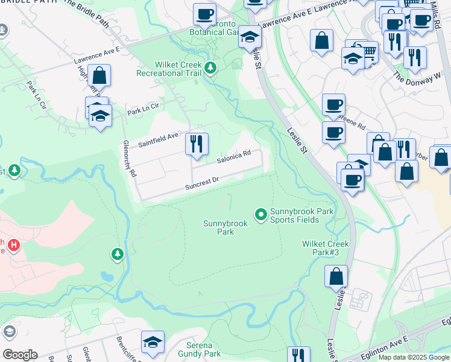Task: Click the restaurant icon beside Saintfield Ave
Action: pos(197,144)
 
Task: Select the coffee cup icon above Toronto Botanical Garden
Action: pos(204,13)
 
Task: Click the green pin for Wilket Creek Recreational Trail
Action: pos(210,68)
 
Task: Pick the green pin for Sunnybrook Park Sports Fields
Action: pos(261,214)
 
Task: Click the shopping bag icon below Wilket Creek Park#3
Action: pos(336,276)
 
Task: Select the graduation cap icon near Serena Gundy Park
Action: pos(153,341)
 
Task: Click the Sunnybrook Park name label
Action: pos(218,227)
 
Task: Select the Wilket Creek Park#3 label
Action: pos(326,248)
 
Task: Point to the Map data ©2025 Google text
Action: pos(413,357)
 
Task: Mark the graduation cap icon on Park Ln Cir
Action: pos(101,116)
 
